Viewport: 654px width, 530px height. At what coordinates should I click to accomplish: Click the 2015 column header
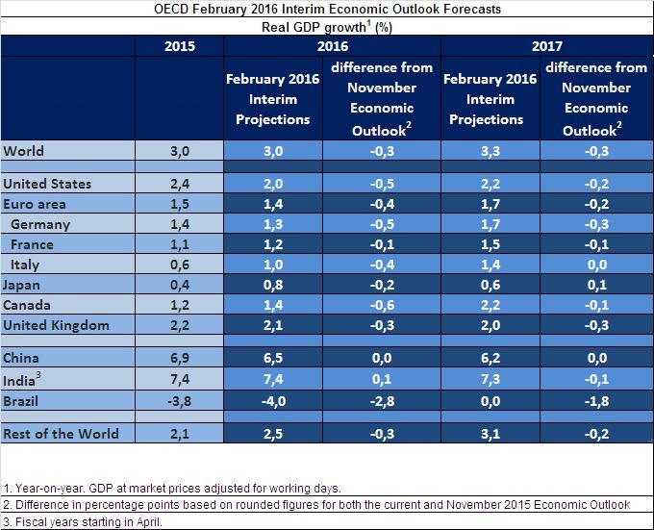click(x=179, y=46)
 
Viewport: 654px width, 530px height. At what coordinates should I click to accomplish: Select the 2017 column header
click(x=547, y=46)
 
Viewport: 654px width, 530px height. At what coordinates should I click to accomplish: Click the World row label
click(x=23, y=150)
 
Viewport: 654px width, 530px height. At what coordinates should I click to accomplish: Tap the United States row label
click(x=47, y=184)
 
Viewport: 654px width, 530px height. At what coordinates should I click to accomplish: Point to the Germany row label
click(x=40, y=224)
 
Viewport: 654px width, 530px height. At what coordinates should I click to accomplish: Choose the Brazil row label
click(x=20, y=401)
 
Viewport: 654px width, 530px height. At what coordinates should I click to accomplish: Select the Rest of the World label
click(x=61, y=434)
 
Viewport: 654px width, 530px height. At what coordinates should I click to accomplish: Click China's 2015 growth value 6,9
click(x=180, y=358)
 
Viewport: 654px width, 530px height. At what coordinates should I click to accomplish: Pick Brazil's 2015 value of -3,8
click(x=179, y=401)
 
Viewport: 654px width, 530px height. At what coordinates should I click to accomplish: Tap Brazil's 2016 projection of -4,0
click(x=273, y=401)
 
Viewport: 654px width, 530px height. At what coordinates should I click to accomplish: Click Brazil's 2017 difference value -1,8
click(x=597, y=401)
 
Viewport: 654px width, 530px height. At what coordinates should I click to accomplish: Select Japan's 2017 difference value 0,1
click(x=597, y=285)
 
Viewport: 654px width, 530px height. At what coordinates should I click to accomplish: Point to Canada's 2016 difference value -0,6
click(x=382, y=305)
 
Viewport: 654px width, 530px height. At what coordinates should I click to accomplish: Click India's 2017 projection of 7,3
click(x=490, y=379)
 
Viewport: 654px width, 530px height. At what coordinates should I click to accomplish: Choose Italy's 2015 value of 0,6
click(x=180, y=265)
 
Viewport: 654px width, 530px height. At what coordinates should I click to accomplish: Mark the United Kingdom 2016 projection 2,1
click(x=273, y=325)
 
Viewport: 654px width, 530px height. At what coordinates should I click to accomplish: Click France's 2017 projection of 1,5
click(x=490, y=244)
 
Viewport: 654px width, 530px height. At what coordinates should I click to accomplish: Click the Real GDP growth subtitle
click(x=327, y=27)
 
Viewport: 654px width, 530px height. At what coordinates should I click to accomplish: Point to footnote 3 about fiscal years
click(x=83, y=521)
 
